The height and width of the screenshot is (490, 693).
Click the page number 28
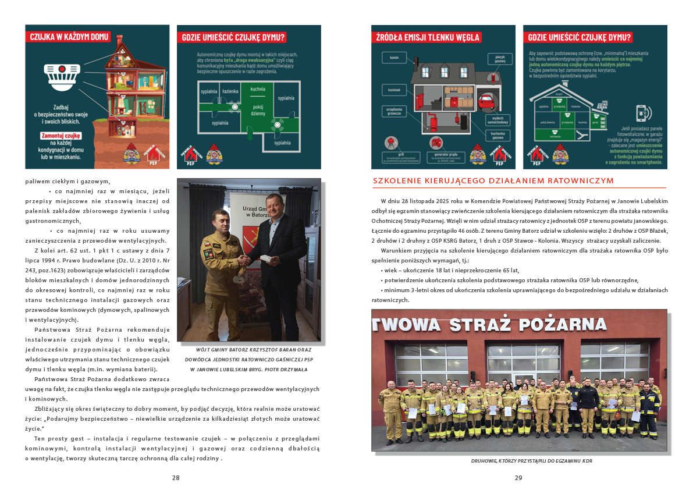[175, 478]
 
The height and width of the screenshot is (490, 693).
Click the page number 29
[518, 478]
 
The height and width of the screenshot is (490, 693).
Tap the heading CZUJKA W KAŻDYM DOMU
[69, 37]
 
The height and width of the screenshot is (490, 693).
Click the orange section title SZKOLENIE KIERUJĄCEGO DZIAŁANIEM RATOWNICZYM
[493, 181]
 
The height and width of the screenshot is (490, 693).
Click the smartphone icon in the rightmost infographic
[642, 112]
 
